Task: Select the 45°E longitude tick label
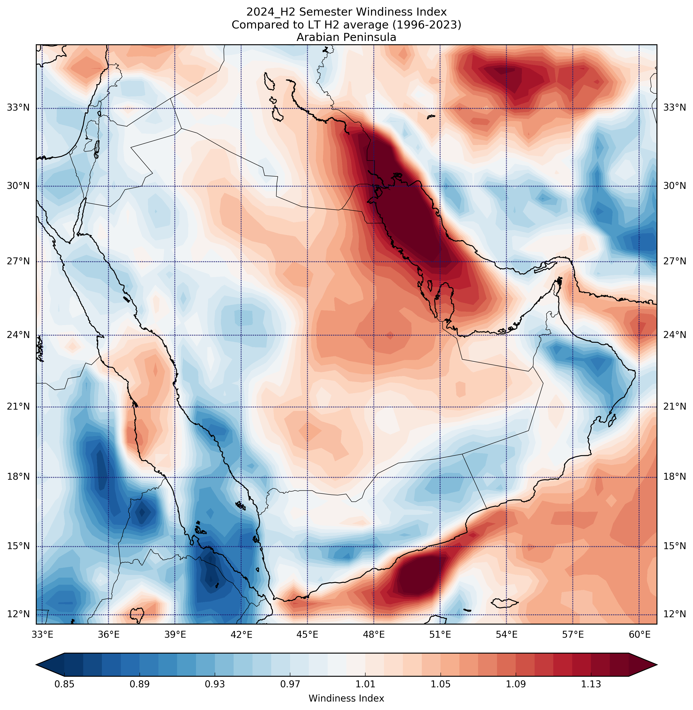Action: (307, 635)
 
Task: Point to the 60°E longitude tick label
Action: (640, 635)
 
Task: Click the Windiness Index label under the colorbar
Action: (346, 698)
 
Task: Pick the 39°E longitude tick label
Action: (175, 635)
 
